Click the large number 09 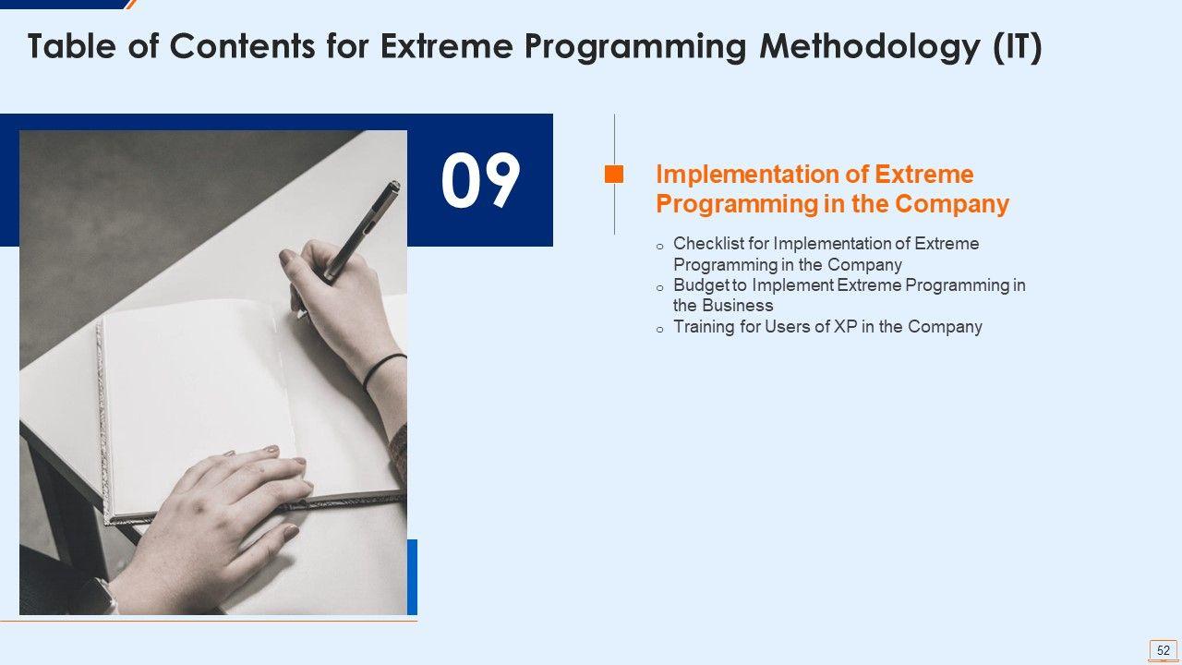[481, 180]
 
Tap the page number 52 [1163, 649]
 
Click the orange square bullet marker [614, 175]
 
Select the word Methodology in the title [870, 46]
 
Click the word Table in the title [71, 45]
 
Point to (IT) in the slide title [1017, 46]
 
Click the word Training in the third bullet [704, 327]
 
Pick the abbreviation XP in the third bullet [845, 327]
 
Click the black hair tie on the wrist [383, 370]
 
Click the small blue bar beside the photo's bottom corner [412, 577]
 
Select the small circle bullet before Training [659, 330]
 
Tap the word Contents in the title [242, 45]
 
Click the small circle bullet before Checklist [659, 247]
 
